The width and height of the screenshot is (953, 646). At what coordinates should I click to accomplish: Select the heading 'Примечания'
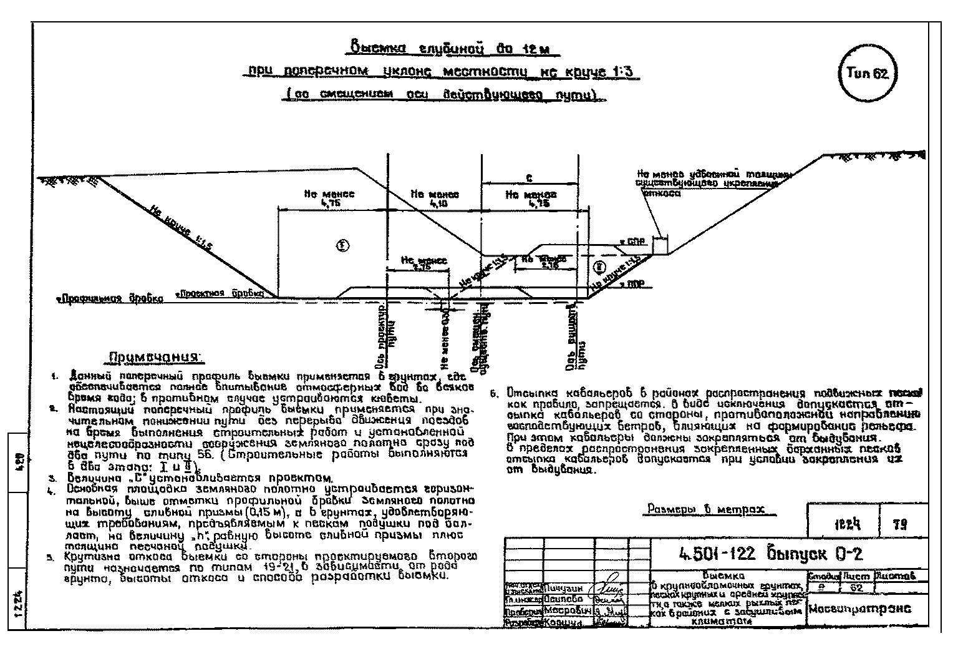click(157, 358)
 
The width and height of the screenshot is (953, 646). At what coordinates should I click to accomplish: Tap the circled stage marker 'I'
click(341, 245)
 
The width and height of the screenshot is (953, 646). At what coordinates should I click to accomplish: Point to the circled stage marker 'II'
click(599, 267)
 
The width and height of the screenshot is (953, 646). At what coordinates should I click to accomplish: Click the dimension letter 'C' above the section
click(529, 178)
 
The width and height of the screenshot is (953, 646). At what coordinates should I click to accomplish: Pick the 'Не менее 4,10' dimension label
click(435, 198)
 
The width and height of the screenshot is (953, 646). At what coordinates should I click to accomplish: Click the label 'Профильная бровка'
click(111, 299)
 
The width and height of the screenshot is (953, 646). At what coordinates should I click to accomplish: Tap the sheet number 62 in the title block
click(856, 587)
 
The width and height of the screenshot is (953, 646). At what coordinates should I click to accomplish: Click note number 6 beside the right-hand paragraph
click(493, 394)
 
